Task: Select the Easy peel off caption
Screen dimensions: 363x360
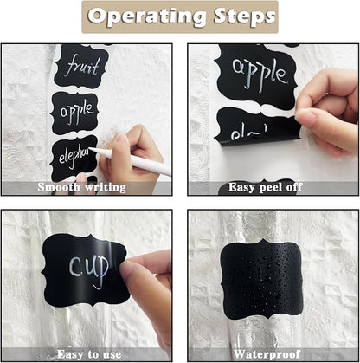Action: pos(267,186)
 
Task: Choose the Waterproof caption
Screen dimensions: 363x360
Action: pos(267,353)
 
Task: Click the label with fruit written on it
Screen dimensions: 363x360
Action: pos(82,65)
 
